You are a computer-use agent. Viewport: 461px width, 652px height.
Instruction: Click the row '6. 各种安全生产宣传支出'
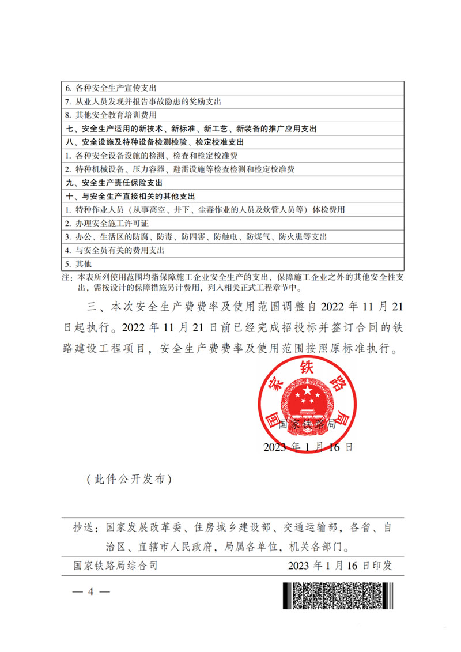[x=109, y=89]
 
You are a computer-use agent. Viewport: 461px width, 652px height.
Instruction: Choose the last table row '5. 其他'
[x=78, y=263]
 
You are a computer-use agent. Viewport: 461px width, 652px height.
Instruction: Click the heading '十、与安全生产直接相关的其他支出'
[x=133, y=196]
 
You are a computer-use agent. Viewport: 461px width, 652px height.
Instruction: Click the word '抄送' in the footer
[x=83, y=527]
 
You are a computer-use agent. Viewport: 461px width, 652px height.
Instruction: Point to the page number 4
[x=90, y=592]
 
